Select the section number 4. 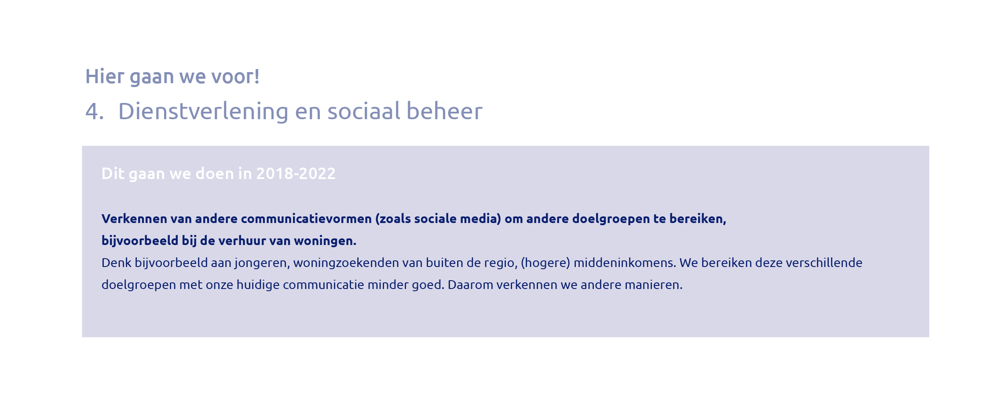click(x=95, y=111)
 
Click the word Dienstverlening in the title click(x=203, y=111)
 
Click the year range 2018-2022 click(x=296, y=174)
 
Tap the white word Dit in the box click(x=113, y=174)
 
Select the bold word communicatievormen click(x=306, y=219)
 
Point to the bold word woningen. click(x=325, y=241)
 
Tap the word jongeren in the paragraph click(x=262, y=263)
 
